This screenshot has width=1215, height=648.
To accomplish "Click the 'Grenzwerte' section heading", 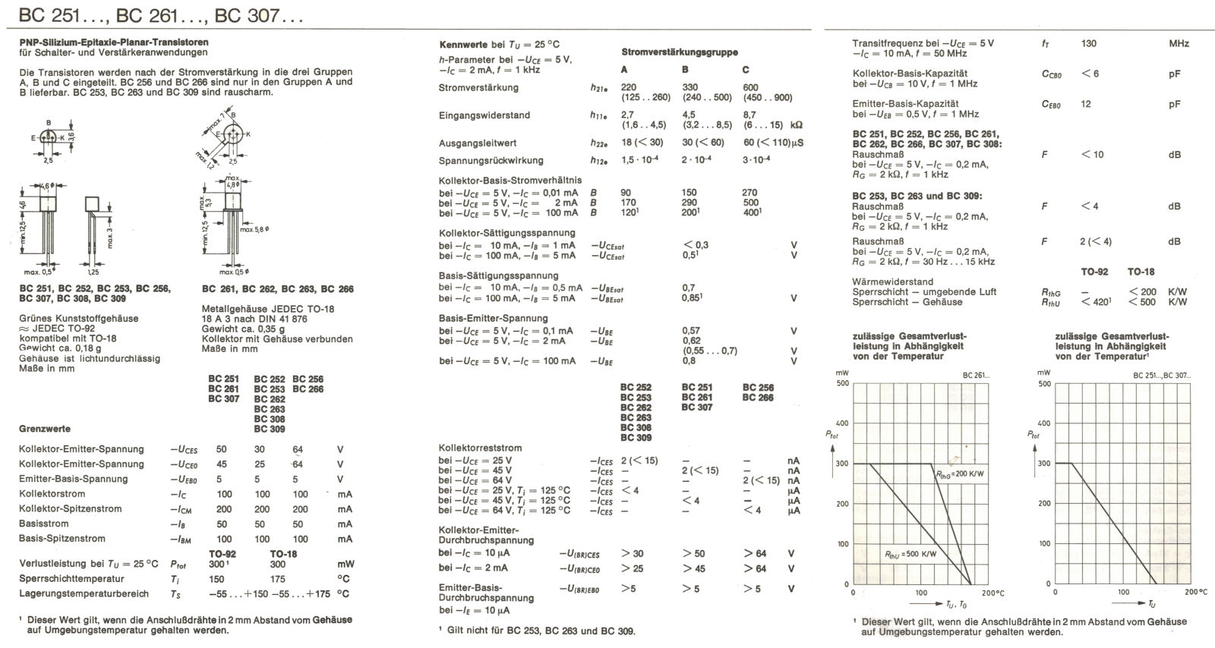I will pyautogui.click(x=44, y=429).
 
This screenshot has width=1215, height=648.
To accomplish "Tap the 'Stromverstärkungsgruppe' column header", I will pyautogui.click(x=679, y=52).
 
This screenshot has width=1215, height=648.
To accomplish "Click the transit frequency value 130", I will pyautogui.click(x=1089, y=44).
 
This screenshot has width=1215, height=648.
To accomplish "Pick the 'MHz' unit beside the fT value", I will pyautogui.click(x=1179, y=44).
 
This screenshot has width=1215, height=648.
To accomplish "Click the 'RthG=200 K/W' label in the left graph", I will pyautogui.click(x=959, y=473).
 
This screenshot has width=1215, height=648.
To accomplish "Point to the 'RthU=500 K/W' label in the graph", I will pyautogui.click(x=910, y=554).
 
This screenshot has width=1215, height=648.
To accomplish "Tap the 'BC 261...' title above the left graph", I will pyautogui.click(x=976, y=376).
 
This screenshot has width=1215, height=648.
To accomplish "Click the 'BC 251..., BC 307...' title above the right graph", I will pyautogui.click(x=1161, y=376).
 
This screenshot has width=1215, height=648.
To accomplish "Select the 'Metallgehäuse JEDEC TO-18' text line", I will pyautogui.click(x=267, y=309).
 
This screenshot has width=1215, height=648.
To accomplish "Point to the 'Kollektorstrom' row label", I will pyautogui.click(x=53, y=494).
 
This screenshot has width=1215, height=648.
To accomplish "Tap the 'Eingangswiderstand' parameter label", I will pyautogui.click(x=484, y=115).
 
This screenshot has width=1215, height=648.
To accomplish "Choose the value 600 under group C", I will pyautogui.click(x=750, y=87).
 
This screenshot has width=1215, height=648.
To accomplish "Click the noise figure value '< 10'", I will pyautogui.click(x=1092, y=155).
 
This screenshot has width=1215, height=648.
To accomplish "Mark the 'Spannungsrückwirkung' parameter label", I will pyautogui.click(x=491, y=161).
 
